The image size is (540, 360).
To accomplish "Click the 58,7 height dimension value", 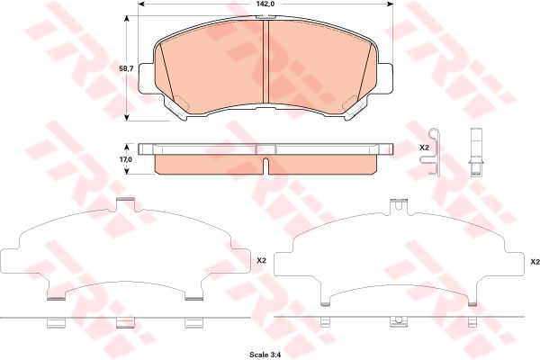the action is click(x=126, y=68).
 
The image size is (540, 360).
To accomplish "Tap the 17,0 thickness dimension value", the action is click(x=126, y=159).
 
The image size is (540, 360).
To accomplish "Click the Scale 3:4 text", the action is click(x=265, y=355).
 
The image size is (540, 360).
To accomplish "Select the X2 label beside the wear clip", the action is click(x=424, y=148).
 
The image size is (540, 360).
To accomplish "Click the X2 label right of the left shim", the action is click(x=262, y=261).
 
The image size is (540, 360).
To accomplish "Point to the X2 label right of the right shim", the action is click(x=535, y=262).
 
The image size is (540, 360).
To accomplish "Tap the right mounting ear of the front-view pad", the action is click(x=386, y=78).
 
